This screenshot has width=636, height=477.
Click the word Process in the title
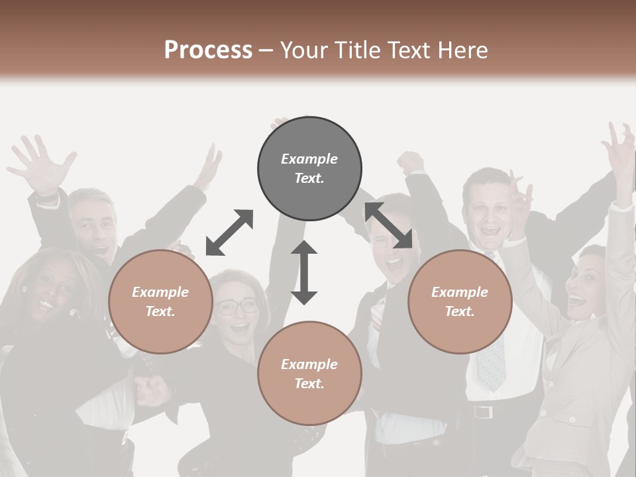click(208, 50)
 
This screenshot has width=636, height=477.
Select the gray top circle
click(309, 168)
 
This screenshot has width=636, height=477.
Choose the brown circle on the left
click(160, 301)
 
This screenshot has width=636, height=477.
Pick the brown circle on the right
click(460, 301)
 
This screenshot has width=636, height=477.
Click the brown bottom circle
click(309, 374)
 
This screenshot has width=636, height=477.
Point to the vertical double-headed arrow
click(304, 272)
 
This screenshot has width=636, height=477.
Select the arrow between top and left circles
click(229, 232)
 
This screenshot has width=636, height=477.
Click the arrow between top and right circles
click(389, 225)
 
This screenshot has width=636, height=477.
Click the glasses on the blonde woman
click(237, 306)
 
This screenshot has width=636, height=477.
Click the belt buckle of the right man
click(484, 411)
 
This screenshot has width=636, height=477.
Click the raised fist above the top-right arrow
click(411, 161)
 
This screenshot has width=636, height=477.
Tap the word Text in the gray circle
click(309, 178)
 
